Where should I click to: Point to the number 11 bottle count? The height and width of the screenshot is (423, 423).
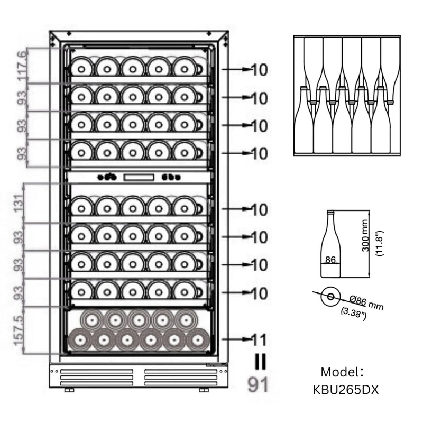tap(259, 339)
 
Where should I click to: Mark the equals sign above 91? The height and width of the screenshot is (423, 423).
tap(259, 362)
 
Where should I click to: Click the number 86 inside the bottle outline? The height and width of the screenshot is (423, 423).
tap(331, 260)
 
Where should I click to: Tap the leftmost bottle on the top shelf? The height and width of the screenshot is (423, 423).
tap(81, 67)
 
